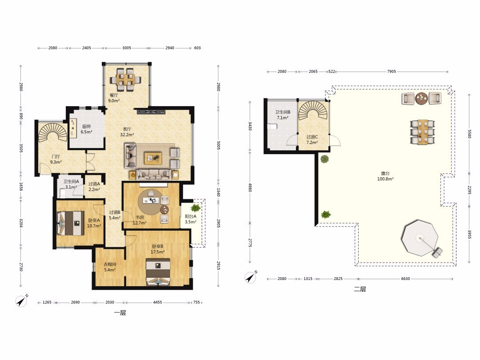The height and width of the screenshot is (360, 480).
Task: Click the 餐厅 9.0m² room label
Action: (x=114, y=98)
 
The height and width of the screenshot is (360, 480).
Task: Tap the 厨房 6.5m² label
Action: (x=86, y=129)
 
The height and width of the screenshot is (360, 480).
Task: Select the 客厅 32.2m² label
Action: (x=127, y=132)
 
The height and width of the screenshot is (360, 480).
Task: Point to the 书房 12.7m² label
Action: (x=139, y=220)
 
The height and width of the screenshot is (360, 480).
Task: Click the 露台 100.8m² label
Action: (x=385, y=176)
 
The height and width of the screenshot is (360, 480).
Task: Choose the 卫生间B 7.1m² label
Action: (x=283, y=115)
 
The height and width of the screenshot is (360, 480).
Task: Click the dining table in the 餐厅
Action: (x=126, y=80)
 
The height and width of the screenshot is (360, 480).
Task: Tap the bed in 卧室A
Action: (x=71, y=224)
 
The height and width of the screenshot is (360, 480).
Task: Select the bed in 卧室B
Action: (x=158, y=272)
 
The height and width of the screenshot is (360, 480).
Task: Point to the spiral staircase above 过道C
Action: (x=313, y=111)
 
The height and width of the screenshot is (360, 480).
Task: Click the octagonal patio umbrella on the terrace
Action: (x=420, y=238)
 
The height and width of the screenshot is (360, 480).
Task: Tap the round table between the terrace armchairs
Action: (x=421, y=98)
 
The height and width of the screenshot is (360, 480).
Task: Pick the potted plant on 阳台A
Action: (x=195, y=208)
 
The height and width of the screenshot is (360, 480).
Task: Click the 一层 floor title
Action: (x=120, y=313)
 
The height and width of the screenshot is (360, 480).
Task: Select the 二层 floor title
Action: (x=360, y=289)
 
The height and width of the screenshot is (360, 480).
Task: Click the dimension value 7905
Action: (x=392, y=71)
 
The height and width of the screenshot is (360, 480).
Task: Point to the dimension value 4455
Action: (x=158, y=302)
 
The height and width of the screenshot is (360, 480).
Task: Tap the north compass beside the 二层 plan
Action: (x=251, y=277)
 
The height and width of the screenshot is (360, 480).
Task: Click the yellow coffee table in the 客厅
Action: (x=153, y=158)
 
